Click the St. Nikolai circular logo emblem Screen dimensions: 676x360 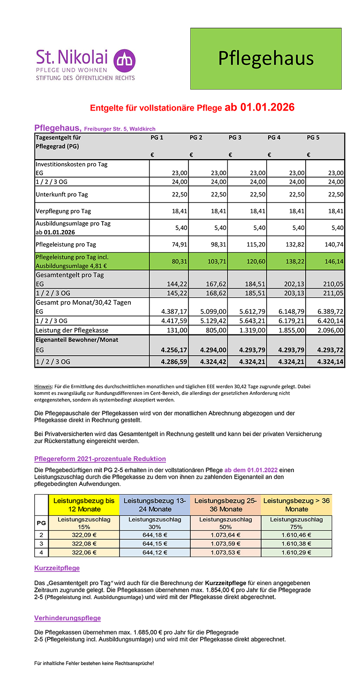124,60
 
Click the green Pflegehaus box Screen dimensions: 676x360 266,59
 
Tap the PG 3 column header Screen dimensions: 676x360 235,138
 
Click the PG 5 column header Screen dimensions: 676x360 313,138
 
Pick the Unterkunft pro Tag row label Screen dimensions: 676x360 62,194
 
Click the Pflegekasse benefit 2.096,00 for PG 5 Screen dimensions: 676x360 330,330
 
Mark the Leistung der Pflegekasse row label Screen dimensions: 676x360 72,330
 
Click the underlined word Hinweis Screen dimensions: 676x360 43,386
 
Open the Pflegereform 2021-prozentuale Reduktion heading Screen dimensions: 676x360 100,459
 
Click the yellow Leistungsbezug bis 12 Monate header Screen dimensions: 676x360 84,505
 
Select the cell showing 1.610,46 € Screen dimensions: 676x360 296,535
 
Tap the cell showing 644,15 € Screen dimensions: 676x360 155,543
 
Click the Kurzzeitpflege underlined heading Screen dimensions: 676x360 57,568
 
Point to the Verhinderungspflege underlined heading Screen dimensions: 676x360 67,618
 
